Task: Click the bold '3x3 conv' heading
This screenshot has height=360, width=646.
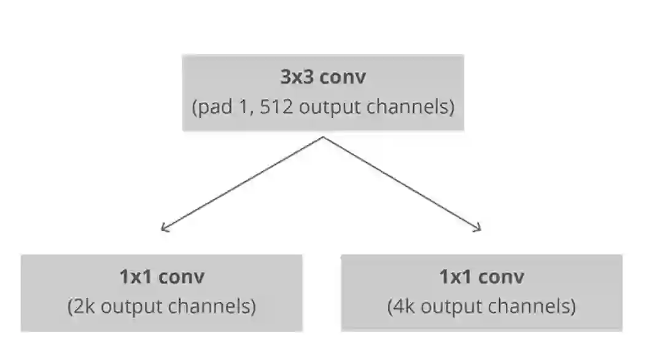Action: tap(323, 78)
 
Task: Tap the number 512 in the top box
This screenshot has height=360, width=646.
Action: tap(270, 108)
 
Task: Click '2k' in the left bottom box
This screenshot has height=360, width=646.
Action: tap(85, 306)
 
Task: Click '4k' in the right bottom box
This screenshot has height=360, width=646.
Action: tap(405, 306)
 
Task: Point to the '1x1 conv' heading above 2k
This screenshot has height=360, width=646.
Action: tap(161, 276)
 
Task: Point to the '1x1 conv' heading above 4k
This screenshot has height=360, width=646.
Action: tap(481, 276)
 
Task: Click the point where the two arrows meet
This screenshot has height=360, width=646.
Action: tap(323, 137)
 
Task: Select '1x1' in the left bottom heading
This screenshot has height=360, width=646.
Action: tap(136, 276)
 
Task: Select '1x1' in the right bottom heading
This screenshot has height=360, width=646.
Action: tap(456, 276)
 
